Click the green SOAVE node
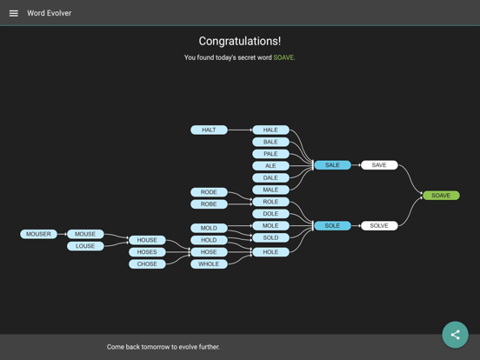[441, 196]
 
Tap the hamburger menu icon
[13, 13]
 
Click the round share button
[455, 335]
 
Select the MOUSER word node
[38, 234]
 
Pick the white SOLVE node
[379, 225]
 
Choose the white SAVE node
[379, 165]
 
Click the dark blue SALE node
[332, 165]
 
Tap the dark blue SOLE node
[332, 225]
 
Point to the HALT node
[209, 130]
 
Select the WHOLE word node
[209, 263]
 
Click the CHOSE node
[147, 263]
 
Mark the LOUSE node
[85, 246]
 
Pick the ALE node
[270, 165]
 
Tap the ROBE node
[209, 203]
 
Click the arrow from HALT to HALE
[240, 130]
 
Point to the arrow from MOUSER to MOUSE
[62, 234]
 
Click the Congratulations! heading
[240, 41]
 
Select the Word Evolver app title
[50, 13]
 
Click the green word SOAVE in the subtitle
[283, 57]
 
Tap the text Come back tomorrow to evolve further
[163, 347]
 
